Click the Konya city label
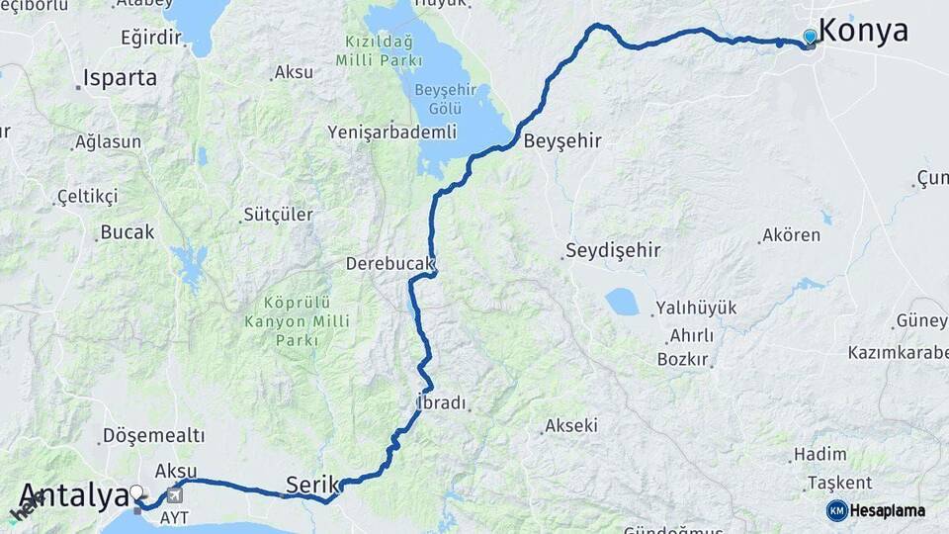tap(864, 31)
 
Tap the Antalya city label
tap(74, 495)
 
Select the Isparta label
tap(120, 77)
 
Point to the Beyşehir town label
tap(562, 140)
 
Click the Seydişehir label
tap(613, 250)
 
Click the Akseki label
tap(570, 426)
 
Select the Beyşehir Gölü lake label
tap(447, 98)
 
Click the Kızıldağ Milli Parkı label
tap(378, 52)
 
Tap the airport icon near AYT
tap(176, 494)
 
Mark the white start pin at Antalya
tap(136, 491)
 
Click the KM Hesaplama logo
tap(876, 510)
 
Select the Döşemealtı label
tap(153, 435)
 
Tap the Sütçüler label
tap(278, 215)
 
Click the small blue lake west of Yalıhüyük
tap(622, 302)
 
